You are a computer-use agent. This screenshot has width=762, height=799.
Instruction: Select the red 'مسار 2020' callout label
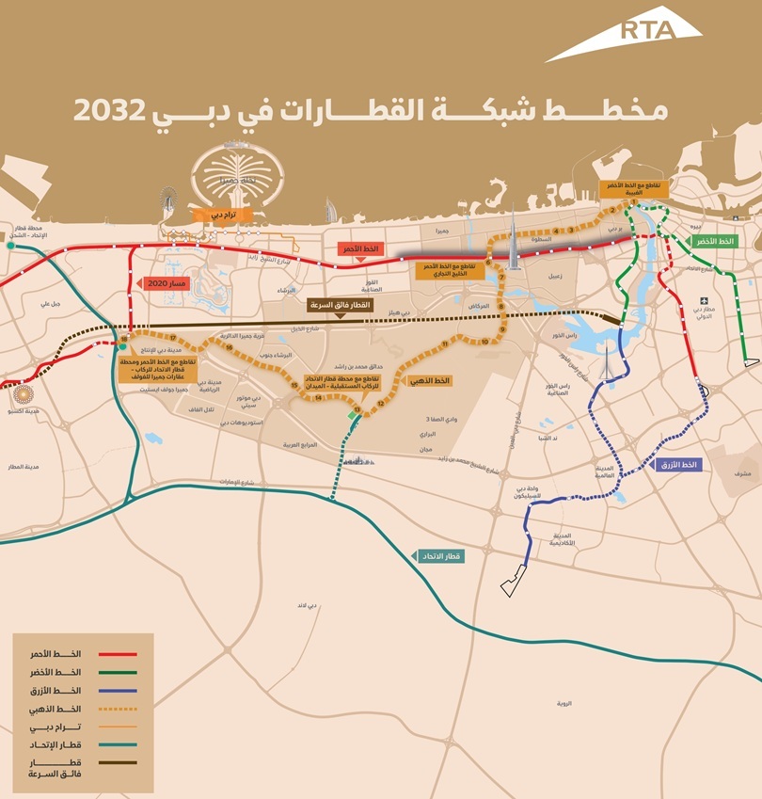point(166,282)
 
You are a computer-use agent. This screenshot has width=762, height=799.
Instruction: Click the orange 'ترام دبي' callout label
point(214,215)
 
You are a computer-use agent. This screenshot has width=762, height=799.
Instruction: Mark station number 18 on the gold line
point(124,340)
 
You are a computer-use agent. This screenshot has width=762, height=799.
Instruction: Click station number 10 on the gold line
point(484,343)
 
